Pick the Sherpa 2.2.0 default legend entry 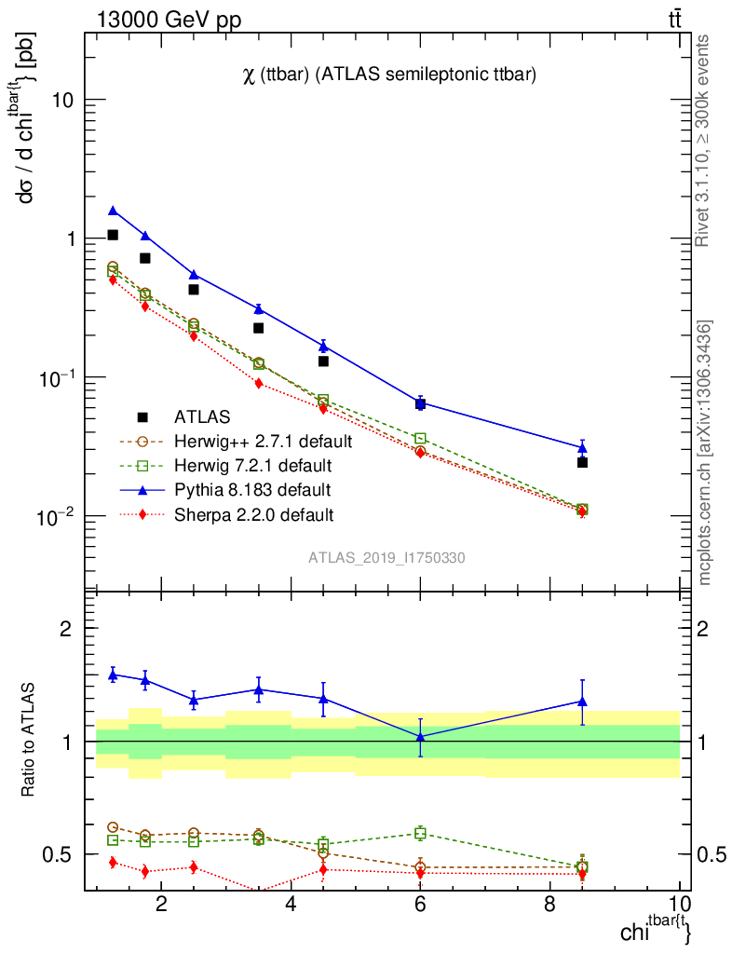[252, 513]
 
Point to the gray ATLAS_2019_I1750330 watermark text [386, 558]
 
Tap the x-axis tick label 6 [420, 905]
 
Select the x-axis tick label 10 [679, 905]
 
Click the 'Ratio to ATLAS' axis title [29, 741]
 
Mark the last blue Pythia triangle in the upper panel [582, 448]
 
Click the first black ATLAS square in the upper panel [113, 235]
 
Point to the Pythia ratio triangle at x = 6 [420, 736]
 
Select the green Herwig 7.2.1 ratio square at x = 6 [420, 833]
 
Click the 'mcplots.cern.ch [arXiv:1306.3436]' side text [705, 453]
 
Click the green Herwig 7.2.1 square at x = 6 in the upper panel [420, 438]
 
